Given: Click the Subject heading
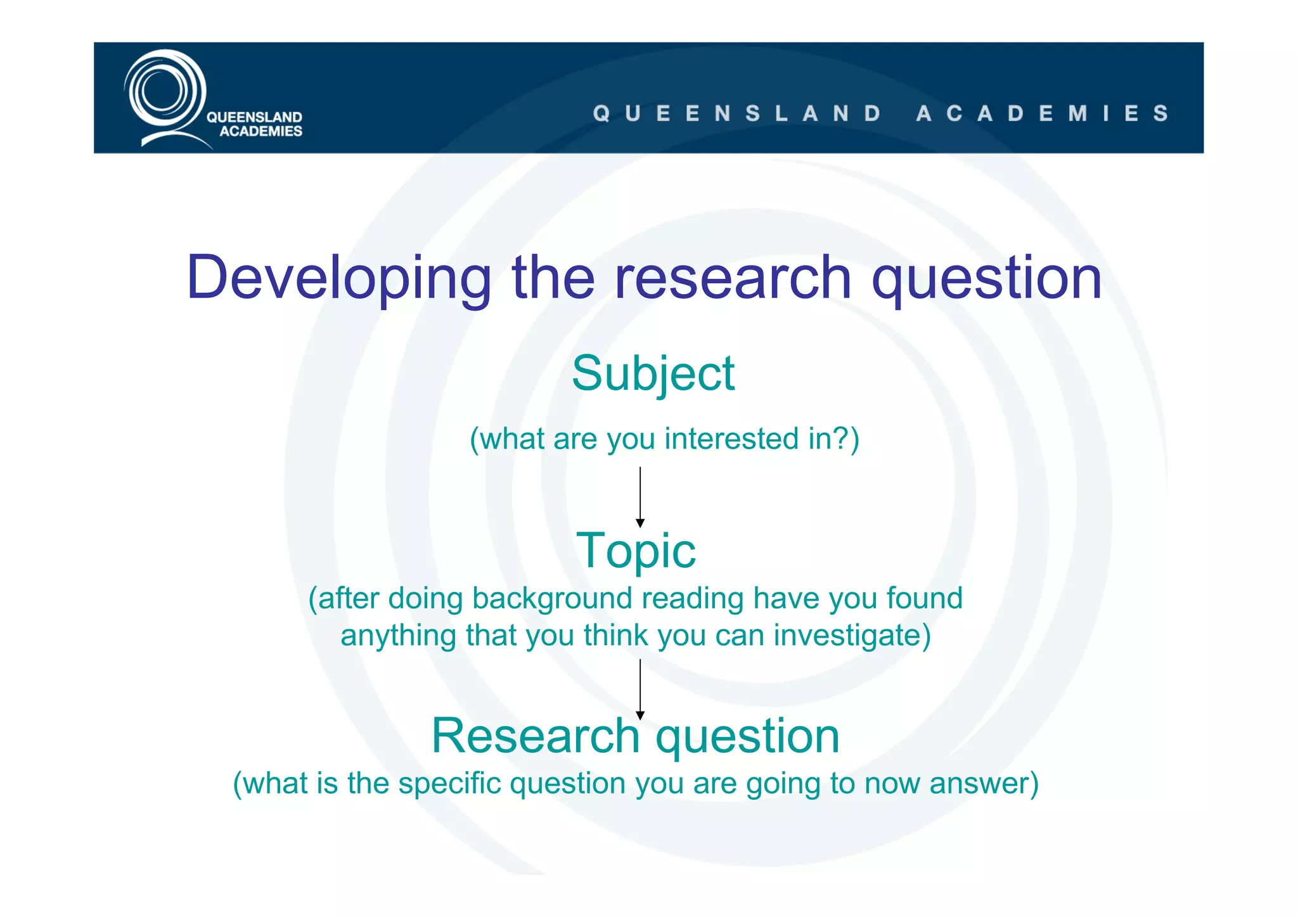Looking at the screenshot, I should pyautogui.click(x=653, y=374).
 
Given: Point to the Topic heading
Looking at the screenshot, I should pyautogui.click(x=636, y=551).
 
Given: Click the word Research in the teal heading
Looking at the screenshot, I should pyautogui.click(x=536, y=736).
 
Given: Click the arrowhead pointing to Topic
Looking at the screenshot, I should pyautogui.click(x=640, y=523).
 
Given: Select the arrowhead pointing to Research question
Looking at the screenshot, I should pyautogui.click(x=640, y=715).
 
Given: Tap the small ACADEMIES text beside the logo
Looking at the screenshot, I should pyautogui.click(x=260, y=131).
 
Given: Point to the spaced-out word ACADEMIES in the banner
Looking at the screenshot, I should pyautogui.click(x=1042, y=113).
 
